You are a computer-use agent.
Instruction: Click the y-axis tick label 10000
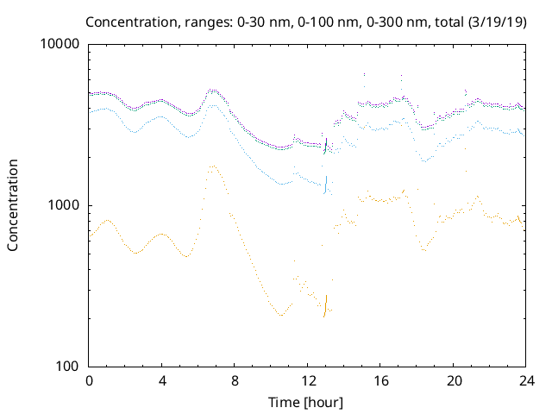point(61,44)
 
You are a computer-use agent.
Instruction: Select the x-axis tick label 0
point(89,381)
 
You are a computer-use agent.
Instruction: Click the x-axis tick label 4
point(162,381)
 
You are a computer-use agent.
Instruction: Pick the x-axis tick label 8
point(235,381)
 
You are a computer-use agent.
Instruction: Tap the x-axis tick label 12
point(308,381)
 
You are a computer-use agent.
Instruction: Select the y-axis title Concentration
point(13,205)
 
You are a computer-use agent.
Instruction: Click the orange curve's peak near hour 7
point(213,166)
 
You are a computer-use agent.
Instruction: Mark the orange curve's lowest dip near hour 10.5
point(281,315)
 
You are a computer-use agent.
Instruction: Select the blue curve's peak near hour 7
point(213,104)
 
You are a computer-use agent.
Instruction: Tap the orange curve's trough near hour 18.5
point(424,250)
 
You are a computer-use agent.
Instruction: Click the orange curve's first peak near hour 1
point(106,220)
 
